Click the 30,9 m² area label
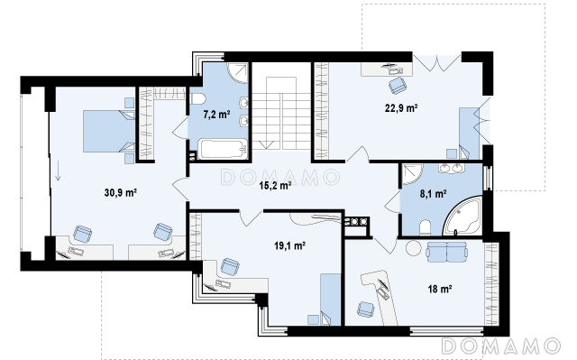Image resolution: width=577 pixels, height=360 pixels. tap(121, 193)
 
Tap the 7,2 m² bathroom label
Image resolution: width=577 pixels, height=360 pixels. tap(216, 115)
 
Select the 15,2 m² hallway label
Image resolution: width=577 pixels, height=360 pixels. tap(275, 186)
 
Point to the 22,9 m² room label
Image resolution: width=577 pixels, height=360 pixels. tap(401, 108)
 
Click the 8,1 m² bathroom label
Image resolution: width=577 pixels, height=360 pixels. tap(433, 194)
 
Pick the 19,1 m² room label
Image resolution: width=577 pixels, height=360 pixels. tap(290, 245)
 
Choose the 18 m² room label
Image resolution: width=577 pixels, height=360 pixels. tap(440, 290)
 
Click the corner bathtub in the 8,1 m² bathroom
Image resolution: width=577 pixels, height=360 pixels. tap(463, 216)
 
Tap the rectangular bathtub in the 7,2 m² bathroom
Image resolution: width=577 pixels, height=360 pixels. tap(223, 149)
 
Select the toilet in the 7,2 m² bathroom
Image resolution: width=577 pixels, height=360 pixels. tap(198, 99)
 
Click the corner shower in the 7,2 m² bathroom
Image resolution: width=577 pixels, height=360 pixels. tap(237, 73)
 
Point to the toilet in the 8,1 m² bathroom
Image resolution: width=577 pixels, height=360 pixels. tap(425, 228)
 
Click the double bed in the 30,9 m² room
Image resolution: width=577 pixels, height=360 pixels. tap(109, 131)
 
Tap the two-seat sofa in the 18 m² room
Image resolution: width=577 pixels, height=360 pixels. tap(447, 252)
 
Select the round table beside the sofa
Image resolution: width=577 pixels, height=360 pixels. tap(414, 248)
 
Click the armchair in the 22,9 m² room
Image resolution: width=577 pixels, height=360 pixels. tap(397, 86)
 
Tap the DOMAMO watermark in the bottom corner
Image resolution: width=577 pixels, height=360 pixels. tap(501, 346)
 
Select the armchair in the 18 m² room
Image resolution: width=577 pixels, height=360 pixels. tap(366, 309)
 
